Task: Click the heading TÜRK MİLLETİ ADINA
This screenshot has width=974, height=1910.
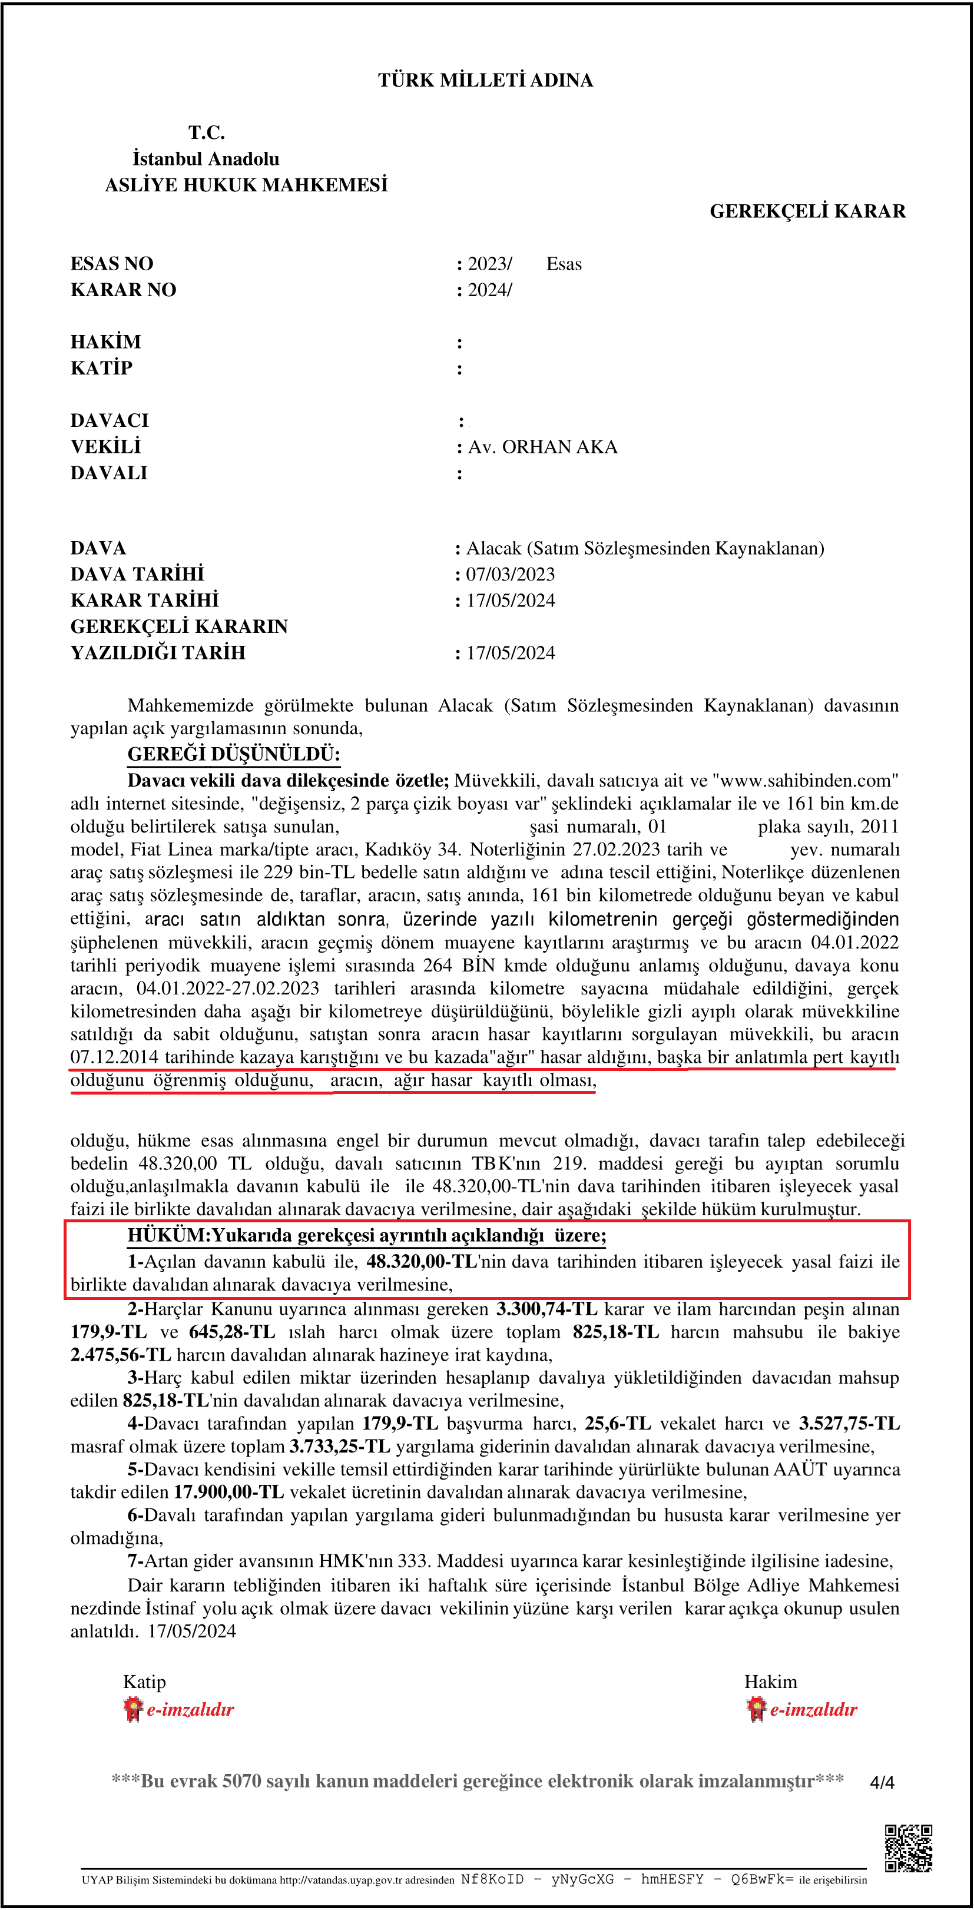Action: click(x=485, y=80)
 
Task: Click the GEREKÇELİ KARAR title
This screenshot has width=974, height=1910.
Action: click(x=807, y=211)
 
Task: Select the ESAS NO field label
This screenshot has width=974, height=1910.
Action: click(x=111, y=264)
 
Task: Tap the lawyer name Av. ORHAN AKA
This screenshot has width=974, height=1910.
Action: click(x=542, y=447)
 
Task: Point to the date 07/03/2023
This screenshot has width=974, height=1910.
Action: click(x=511, y=575)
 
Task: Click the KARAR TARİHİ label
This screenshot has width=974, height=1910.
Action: click(x=145, y=600)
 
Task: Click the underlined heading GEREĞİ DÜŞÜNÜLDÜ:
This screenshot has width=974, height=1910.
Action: click(x=234, y=755)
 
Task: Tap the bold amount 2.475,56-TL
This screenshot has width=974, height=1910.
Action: click(x=120, y=1355)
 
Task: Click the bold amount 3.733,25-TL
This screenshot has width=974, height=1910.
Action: click(x=340, y=1447)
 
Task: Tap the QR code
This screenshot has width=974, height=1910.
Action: click(x=907, y=1848)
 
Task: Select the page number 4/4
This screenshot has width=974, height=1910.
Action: click(x=882, y=1782)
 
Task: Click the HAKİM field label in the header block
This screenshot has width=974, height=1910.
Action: click(x=105, y=342)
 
